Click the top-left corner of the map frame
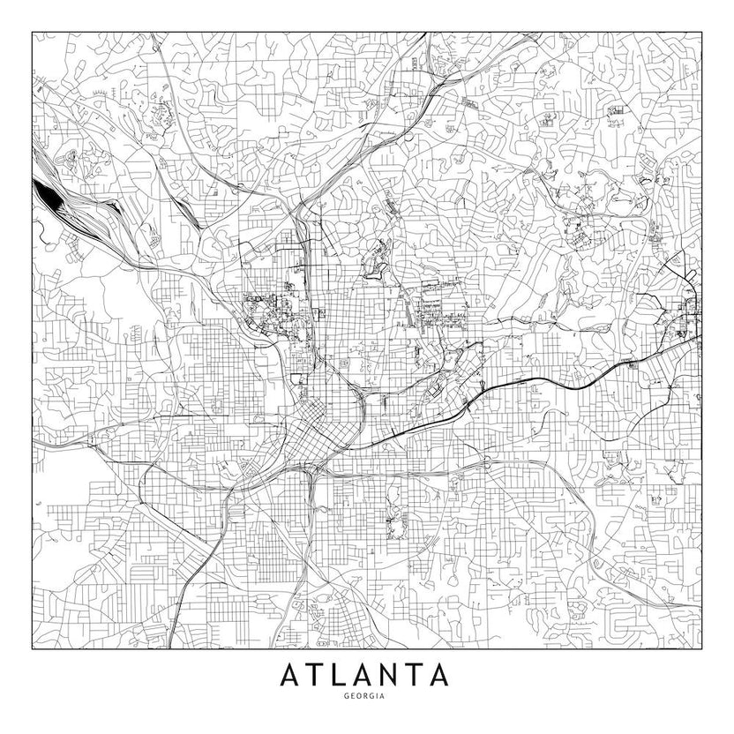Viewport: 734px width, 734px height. point(32,33)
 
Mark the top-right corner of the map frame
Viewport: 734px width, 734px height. point(701,33)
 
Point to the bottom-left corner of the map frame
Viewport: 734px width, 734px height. point(32,649)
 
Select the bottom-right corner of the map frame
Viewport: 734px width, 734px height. point(701,649)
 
